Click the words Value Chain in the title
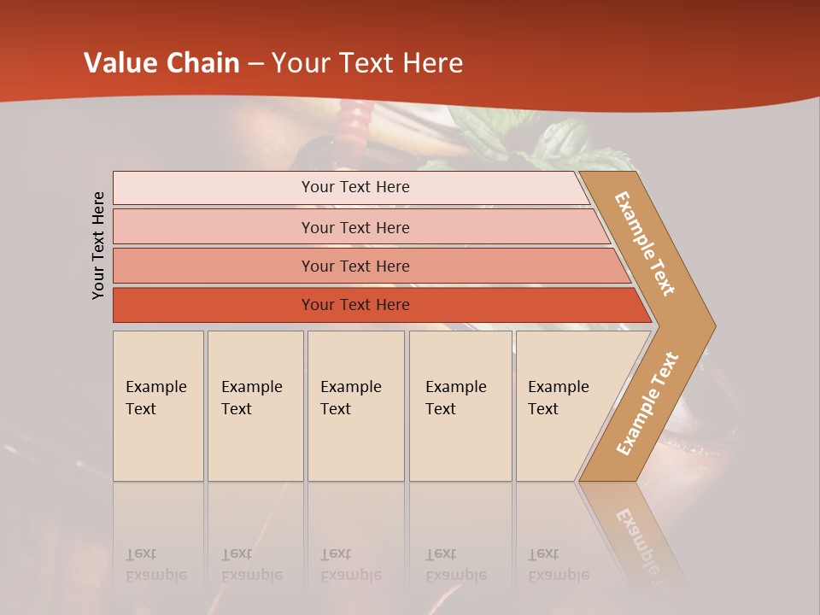click(161, 63)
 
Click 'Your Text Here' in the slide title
click(367, 63)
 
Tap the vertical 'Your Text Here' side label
click(98, 245)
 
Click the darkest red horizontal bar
click(214, 305)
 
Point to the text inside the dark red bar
click(355, 305)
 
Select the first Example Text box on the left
click(158, 406)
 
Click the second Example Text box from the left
click(255, 406)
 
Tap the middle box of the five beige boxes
click(355, 406)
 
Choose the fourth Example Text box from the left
click(460, 406)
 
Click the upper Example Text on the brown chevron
click(645, 243)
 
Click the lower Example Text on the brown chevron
click(647, 404)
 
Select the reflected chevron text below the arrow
click(639, 534)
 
